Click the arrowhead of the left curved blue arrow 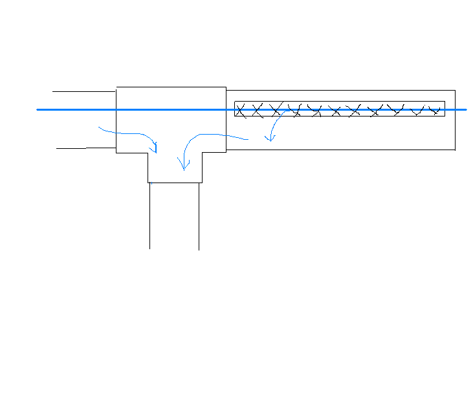tap(155, 150)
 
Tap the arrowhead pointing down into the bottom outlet tap(184, 168)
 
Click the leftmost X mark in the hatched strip tap(241, 111)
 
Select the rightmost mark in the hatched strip tap(435, 110)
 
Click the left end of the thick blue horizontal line tap(38, 110)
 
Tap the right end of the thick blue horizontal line tap(465, 110)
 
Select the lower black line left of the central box tap(86, 148)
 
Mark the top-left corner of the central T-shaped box tap(116, 87)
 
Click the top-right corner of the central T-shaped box tap(226, 87)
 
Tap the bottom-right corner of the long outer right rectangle tap(455, 150)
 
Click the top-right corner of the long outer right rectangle tap(455, 91)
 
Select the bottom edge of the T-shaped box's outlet tap(175, 183)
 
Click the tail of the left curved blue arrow tap(99, 128)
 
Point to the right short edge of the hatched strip tap(445, 109)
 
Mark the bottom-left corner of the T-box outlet tap(148, 183)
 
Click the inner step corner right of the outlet tap(202, 153)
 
